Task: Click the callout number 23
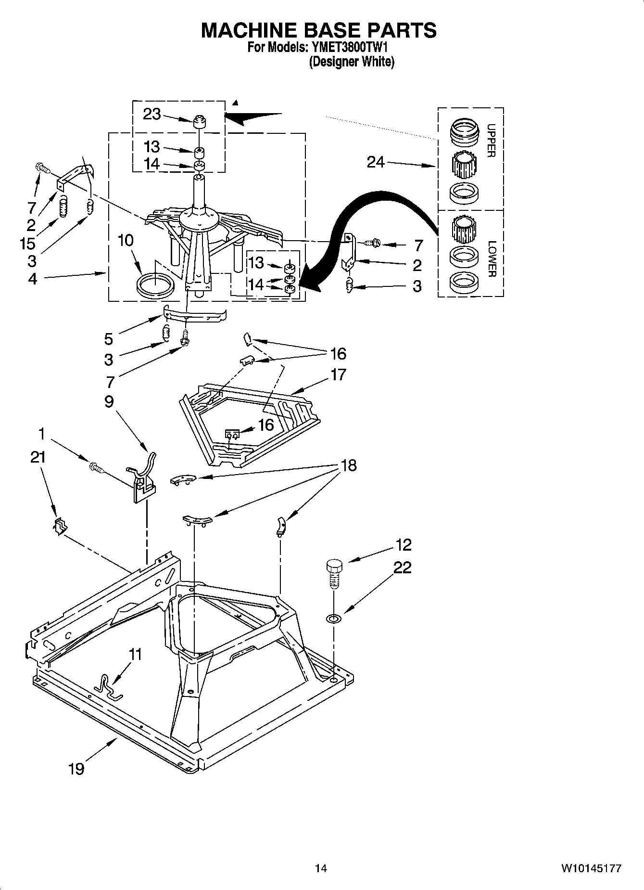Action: coord(152,115)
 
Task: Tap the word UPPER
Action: coord(491,141)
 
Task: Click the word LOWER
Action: coord(491,259)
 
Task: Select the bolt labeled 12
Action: coord(334,573)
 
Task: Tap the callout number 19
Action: coord(76,769)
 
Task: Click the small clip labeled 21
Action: coord(59,526)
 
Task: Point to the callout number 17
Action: coord(338,374)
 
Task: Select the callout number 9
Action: coord(109,401)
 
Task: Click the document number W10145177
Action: coord(591,869)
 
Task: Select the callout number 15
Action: coord(28,243)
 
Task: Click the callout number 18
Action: coord(349,465)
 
